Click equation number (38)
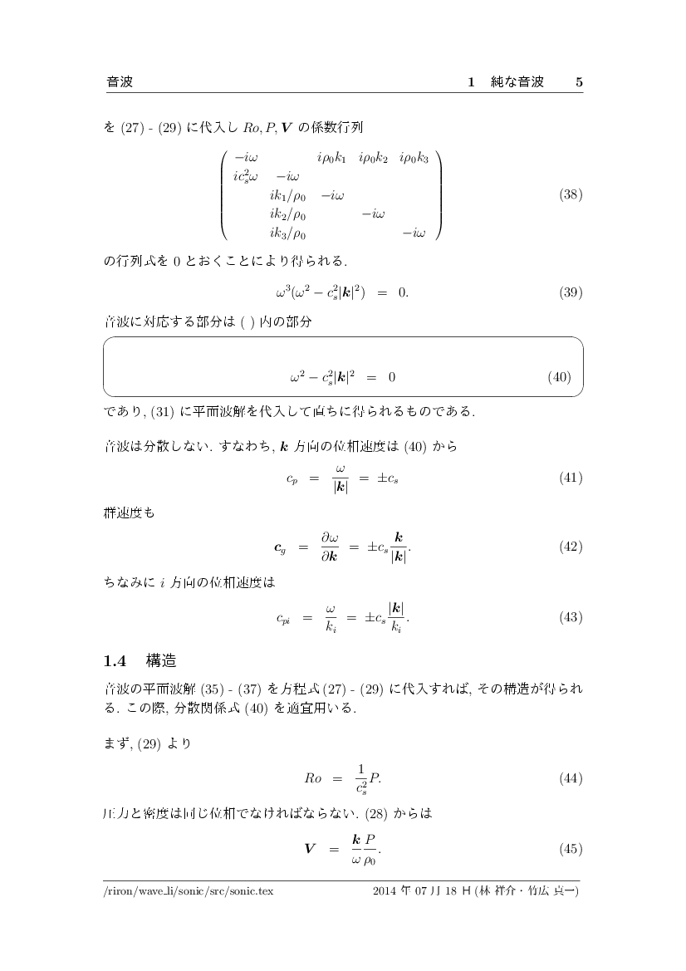[x=571, y=196]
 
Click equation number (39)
[x=571, y=292]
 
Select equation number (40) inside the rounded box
[x=559, y=377]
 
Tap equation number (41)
[x=571, y=478]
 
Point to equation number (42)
[x=571, y=547]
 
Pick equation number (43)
[x=571, y=618]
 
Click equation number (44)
[x=571, y=779]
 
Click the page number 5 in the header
[x=579, y=82]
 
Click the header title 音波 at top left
[x=120, y=82]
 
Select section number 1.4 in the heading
[x=114, y=661]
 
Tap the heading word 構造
[x=161, y=661]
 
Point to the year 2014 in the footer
[x=386, y=891]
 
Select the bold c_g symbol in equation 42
[x=281, y=548]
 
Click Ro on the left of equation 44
[x=312, y=779]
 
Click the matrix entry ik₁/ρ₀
[x=288, y=196]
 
